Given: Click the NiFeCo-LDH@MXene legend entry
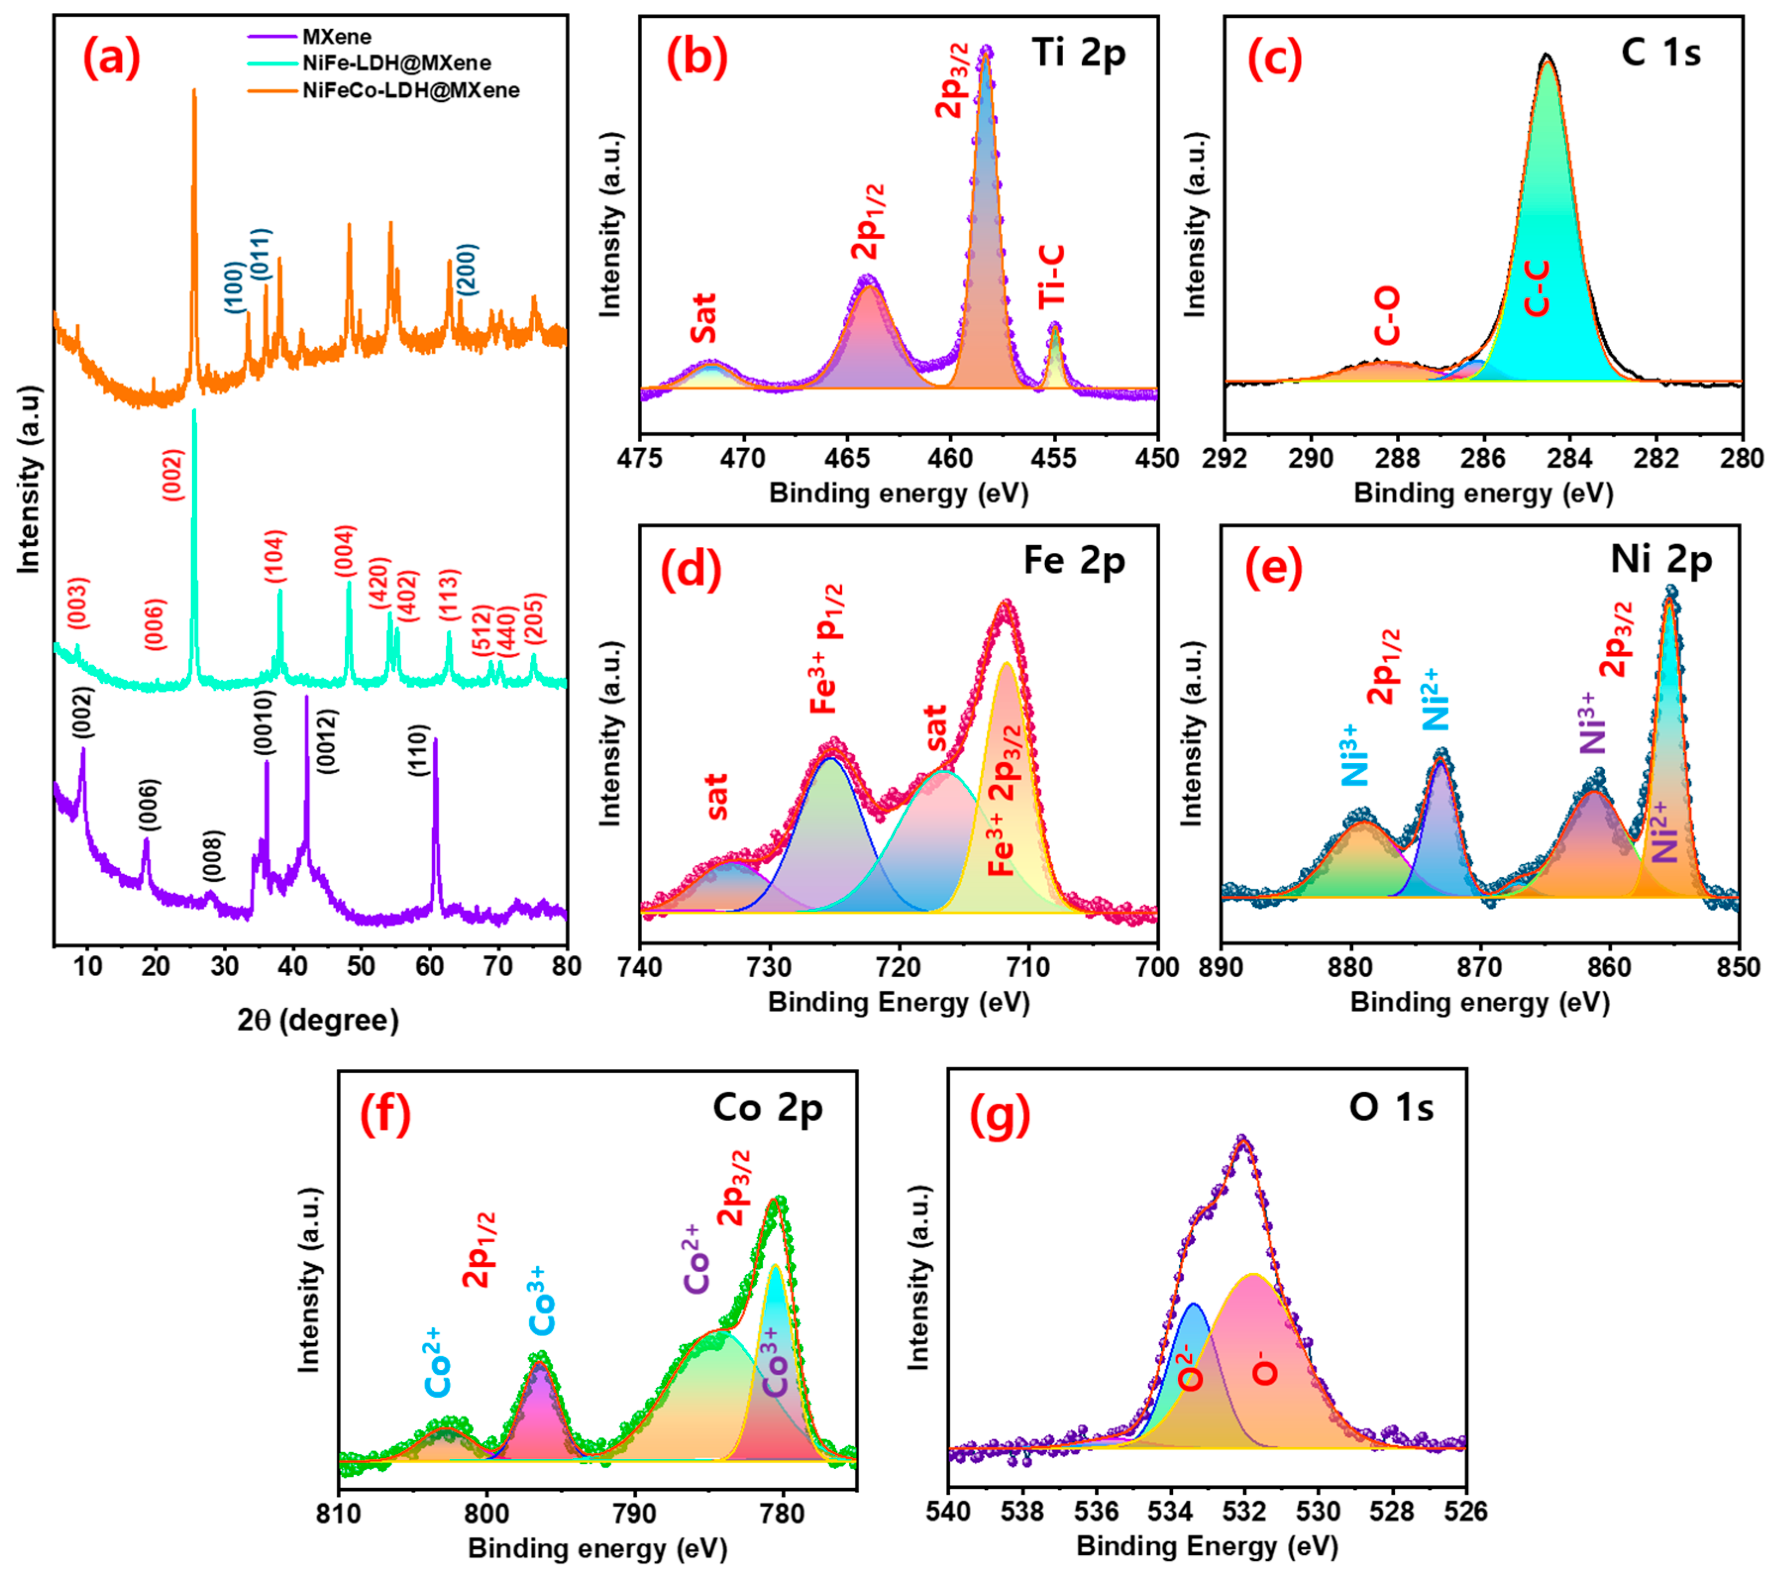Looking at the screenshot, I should click(410, 91).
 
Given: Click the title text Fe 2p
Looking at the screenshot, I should click(1074, 561).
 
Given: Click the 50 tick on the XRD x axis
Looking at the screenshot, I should click(361, 966).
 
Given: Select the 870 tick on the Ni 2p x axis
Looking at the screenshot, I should click(1480, 967).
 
